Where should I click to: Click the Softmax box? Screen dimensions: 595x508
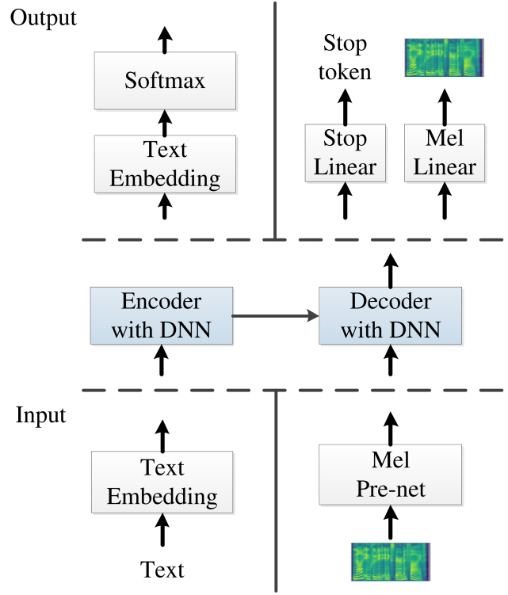point(164,81)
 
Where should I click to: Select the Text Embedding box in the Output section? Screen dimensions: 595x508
point(164,163)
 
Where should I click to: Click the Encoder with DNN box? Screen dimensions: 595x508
point(162,316)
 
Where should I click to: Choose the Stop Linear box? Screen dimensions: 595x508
point(345,153)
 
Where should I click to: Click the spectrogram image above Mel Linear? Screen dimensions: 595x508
point(445,59)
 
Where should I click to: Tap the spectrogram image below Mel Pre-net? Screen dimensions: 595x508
point(390,562)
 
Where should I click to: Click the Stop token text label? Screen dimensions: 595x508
point(345,57)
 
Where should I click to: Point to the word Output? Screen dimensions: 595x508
point(43,17)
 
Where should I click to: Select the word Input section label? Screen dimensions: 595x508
point(40,415)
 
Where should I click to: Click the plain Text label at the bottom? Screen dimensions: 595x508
point(162,569)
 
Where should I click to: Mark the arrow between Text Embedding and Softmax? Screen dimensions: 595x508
point(164,122)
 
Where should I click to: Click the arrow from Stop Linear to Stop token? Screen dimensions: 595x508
point(345,103)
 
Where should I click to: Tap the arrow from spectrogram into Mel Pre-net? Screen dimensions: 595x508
point(389,523)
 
